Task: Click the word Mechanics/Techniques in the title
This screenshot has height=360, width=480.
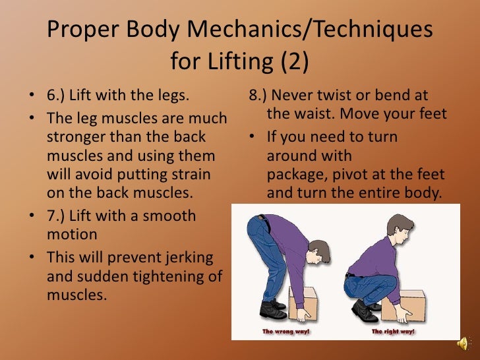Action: (309, 30)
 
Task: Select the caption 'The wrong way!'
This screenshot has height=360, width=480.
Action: (286, 332)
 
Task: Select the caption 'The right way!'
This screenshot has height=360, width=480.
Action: (393, 332)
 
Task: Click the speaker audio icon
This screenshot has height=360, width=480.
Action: (463, 343)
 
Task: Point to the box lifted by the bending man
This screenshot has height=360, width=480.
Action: (303, 303)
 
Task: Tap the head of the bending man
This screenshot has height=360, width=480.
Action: (318, 253)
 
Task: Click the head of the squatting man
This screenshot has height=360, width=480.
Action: (400, 227)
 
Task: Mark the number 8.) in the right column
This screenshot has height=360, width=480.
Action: (258, 95)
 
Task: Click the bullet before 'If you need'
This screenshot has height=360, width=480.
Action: (252, 136)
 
